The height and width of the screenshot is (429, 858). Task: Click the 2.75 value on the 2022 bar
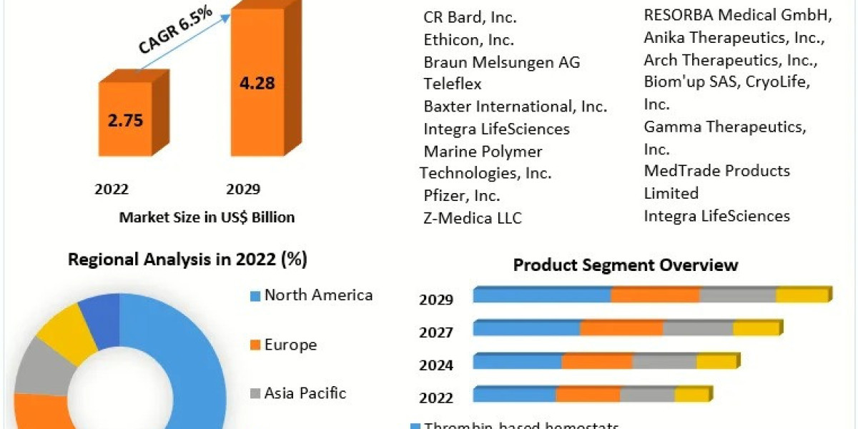pyautogui.click(x=126, y=119)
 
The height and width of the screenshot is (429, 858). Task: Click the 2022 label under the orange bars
pyautogui.click(x=112, y=189)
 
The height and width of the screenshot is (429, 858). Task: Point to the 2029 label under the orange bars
pyautogui.click(x=243, y=189)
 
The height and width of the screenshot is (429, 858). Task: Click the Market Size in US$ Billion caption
pyautogui.click(x=207, y=217)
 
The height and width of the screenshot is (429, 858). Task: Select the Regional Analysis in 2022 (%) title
pyautogui.click(x=187, y=260)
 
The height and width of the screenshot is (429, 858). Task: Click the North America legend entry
pyautogui.click(x=318, y=295)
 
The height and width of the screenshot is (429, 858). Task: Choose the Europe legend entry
pyautogui.click(x=290, y=345)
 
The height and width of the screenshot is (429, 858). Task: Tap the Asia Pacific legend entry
pyautogui.click(x=305, y=393)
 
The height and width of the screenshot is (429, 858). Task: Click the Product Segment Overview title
pyautogui.click(x=626, y=265)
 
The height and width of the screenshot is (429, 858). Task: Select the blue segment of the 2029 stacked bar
pyautogui.click(x=542, y=295)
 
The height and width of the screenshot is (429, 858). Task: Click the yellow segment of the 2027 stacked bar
pyautogui.click(x=756, y=329)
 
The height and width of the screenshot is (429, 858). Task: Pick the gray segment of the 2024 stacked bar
pyautogui.click(x=664, y=362)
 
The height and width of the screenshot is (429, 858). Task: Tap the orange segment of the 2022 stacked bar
pyautogui.click(x=588, y=395)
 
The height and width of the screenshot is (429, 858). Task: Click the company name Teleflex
pyautogui.click(x=453, y=84)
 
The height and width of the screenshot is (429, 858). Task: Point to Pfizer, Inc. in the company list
pyautogui.click(x=462, y=195)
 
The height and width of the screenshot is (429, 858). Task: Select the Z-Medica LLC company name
pyautogui.click(x=473, y=218)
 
